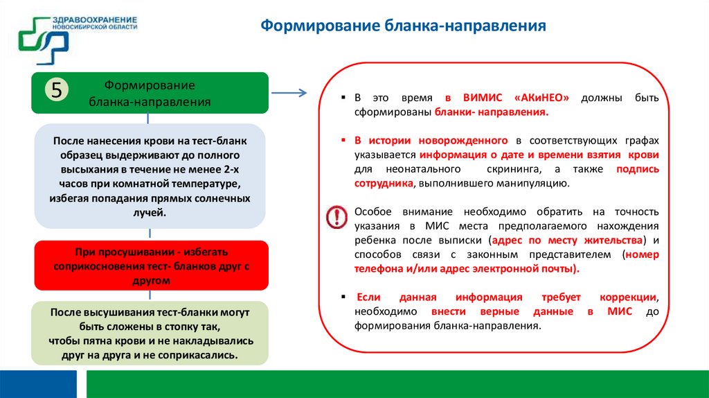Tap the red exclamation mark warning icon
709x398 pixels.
click(x=336, y=216)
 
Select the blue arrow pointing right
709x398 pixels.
click(x=289, y=93)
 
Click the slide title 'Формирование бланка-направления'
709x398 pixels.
click(x=403, y=27)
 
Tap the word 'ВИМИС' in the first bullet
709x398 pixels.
click(x=481, y=98)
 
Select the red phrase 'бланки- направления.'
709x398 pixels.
click(x=492, y=112)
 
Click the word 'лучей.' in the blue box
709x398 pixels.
click(x=150, y=212)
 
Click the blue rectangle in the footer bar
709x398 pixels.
click(x=38, y=383)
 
